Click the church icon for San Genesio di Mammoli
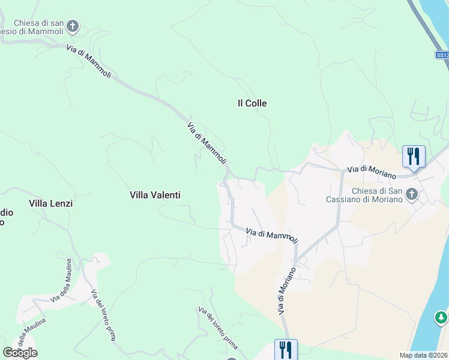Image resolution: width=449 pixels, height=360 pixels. pyautogui.click(x=73, y=26)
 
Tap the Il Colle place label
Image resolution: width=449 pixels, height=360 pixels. pyautogui.click(x=252, y=103)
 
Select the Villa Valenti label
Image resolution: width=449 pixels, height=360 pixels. pyautogui.click(x=155, y=195)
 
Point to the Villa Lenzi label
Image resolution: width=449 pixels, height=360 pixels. pyautogui.click(x=50, y=203)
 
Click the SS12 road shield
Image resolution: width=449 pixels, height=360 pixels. pyautogui.click(x=442, y=55)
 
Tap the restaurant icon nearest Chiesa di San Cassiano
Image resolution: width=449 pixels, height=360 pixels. pyautogui.click(x=414, y=156)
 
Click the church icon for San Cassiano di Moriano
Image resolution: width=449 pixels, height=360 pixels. pyautogui.click(x=411, y=194)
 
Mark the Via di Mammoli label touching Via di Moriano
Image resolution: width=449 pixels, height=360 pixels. pyautogui.click(x=272, y=236)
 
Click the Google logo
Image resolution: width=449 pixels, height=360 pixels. pyautogui.click(x=20, y=352)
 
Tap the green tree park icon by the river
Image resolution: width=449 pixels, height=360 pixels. pyautogui.click(x=441, y=316)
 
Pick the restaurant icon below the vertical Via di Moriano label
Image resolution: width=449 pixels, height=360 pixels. pyautogui.click(x=286, y=349)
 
